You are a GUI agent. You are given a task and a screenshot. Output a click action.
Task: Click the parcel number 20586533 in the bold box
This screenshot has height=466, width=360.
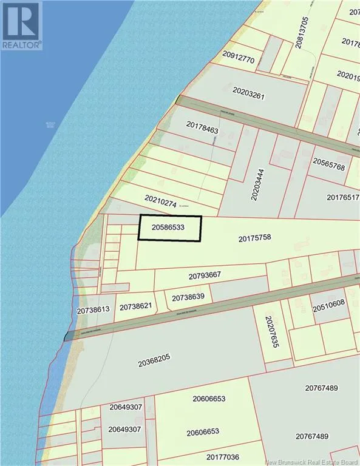point(169,229)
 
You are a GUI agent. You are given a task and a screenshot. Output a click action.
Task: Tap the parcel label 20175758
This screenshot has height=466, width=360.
point(259,238)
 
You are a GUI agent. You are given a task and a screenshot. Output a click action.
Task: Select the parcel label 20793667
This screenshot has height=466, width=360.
point(208,275)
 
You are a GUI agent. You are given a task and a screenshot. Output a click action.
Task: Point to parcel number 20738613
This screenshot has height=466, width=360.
point(93,309)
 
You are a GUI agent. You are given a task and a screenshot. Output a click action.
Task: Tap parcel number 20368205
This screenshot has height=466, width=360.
point(158,363)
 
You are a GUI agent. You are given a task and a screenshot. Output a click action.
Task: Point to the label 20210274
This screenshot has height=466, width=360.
point(160,201)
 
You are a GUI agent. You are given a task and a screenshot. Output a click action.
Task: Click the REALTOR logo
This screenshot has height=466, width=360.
point(21,25)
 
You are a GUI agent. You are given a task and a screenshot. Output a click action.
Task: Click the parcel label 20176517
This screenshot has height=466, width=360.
point(343,197)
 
